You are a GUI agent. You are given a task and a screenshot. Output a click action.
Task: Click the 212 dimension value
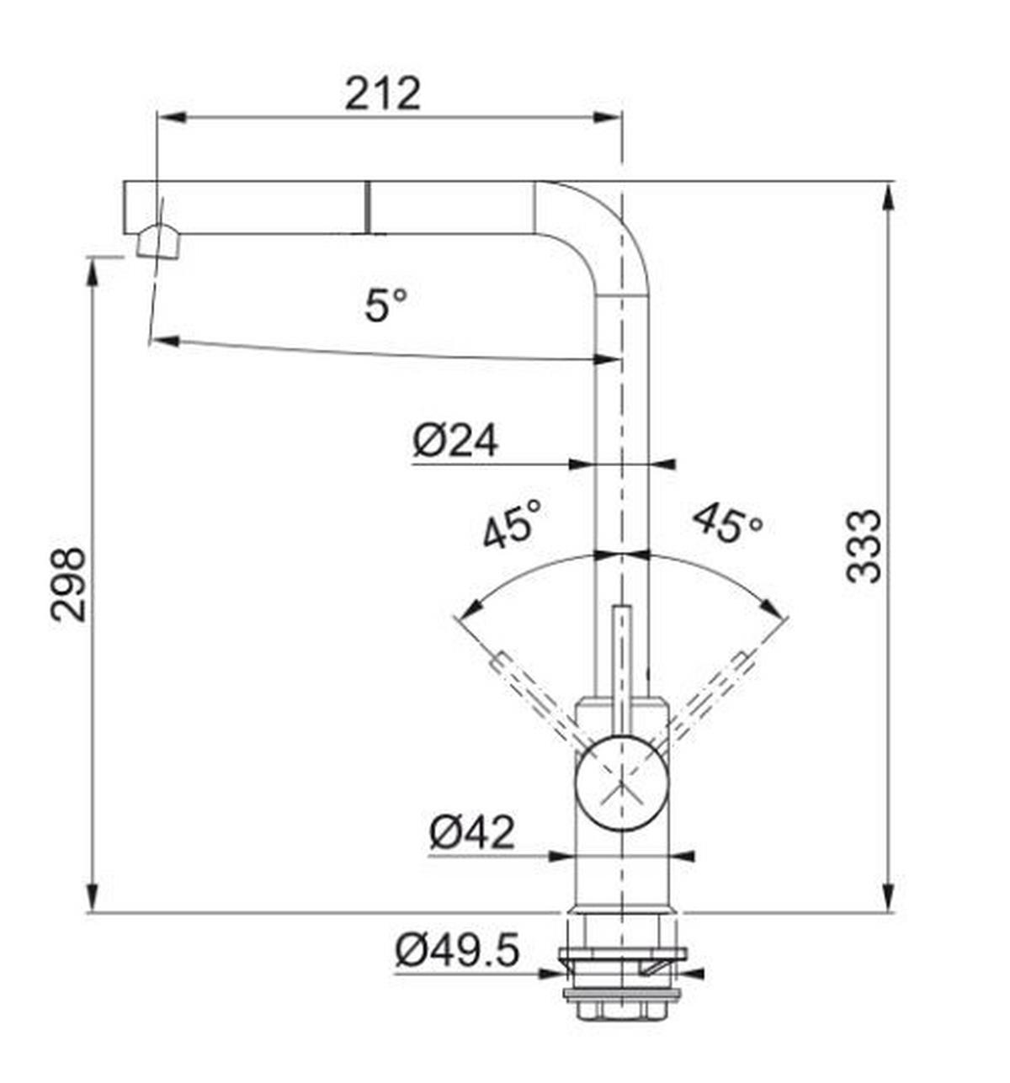pyautogui.click(x=382, y=93)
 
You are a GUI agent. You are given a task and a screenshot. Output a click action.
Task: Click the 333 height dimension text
pyautogui.click(x=864, y=546)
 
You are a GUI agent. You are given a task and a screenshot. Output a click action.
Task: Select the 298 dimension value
pyautogui.click(x=67, y=584)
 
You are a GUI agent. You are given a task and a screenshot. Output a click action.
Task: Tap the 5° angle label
pyautogui.click(x=386, y=304)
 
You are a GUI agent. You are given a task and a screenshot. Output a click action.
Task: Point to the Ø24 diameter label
pyautogui.click(x=455, y=440)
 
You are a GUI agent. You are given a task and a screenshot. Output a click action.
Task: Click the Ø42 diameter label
pyautogui.click(x=470, y=833)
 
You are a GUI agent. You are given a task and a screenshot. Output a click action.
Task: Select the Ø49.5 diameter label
pyautogui.click(x=457, y=952)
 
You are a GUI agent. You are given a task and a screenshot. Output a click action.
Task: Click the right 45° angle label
pyautogui.click(x=728, y=524)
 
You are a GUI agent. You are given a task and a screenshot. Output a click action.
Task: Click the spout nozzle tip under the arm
pyautogui.click(x=157, y=242)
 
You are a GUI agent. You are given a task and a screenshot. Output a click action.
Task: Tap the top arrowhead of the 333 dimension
pyautogui.click(x=888, y=196)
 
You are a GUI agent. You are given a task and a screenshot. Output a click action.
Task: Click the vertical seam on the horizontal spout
pyautogui.click(x=367, y=207)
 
